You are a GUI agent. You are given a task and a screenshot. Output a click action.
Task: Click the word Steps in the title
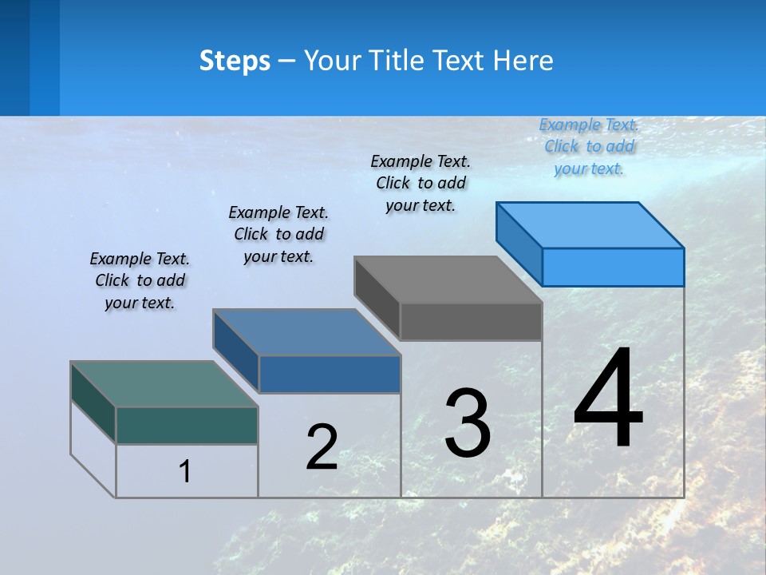click(235, 61)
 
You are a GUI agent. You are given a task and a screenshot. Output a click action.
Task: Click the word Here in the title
click(523, 61)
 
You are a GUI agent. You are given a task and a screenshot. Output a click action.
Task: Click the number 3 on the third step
click(468, 423)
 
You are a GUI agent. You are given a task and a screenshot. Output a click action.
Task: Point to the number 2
click(322, 447)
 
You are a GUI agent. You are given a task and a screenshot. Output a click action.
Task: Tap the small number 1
click(185, 471)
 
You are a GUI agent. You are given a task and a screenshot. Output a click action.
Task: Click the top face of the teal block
click(164, 384)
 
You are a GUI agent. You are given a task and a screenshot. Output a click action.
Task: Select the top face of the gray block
click(448, 280)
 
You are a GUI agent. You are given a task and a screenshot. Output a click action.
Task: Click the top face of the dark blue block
click(306, 332)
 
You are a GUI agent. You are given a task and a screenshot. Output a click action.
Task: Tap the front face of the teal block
click(187, 425)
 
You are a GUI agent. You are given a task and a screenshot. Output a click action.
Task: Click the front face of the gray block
click(471, 322)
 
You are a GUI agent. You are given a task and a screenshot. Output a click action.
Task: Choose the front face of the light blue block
click(613, 267)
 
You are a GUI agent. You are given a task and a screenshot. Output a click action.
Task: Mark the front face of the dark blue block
click(330, 374)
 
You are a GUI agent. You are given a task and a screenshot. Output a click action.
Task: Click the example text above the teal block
click(140, 280)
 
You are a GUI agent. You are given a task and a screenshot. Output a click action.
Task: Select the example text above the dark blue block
click(278, 234)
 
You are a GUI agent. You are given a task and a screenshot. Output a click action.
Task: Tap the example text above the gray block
click(421, 183)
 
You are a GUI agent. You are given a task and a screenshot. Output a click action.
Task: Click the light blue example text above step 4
click(589, 146)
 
